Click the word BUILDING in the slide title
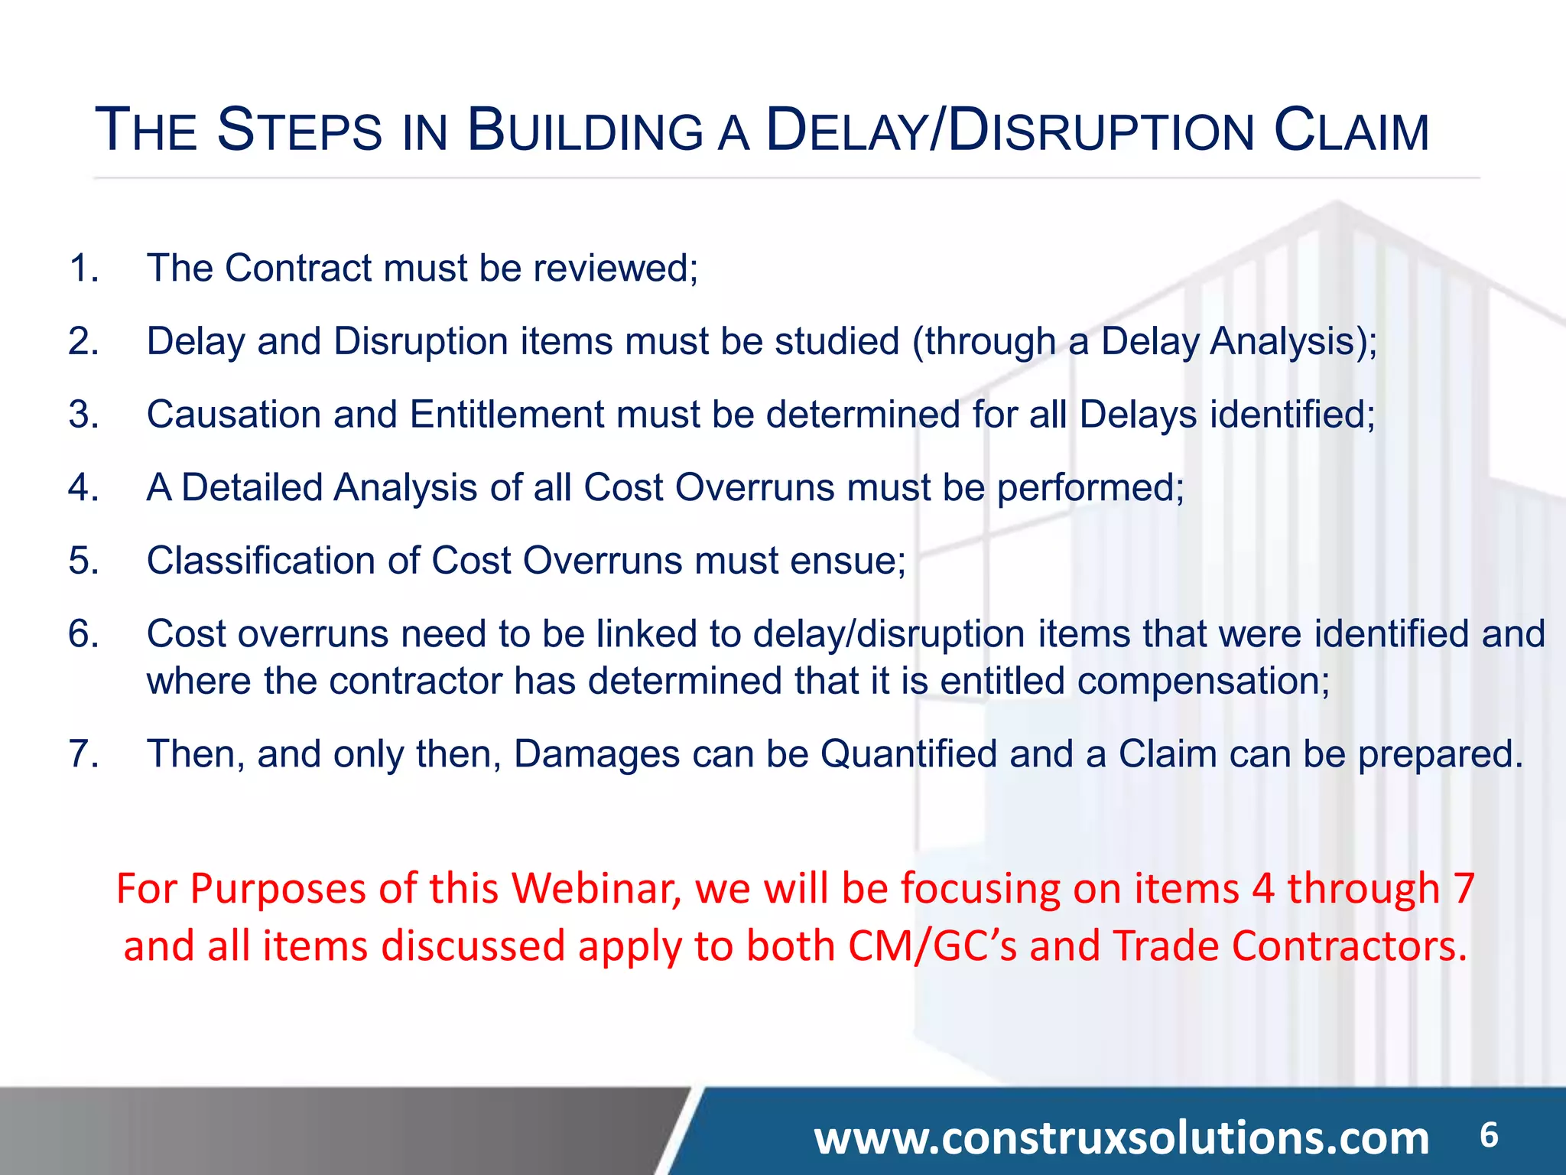click(585, 130)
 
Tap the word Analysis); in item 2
click(1293, 341)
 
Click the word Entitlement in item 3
click(507, 414)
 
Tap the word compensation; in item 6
click(1204, 681)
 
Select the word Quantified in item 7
click(908, 753)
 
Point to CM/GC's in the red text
click(932, 946)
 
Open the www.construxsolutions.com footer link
click(1121, 1138)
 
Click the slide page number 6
click(1488, 1135)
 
